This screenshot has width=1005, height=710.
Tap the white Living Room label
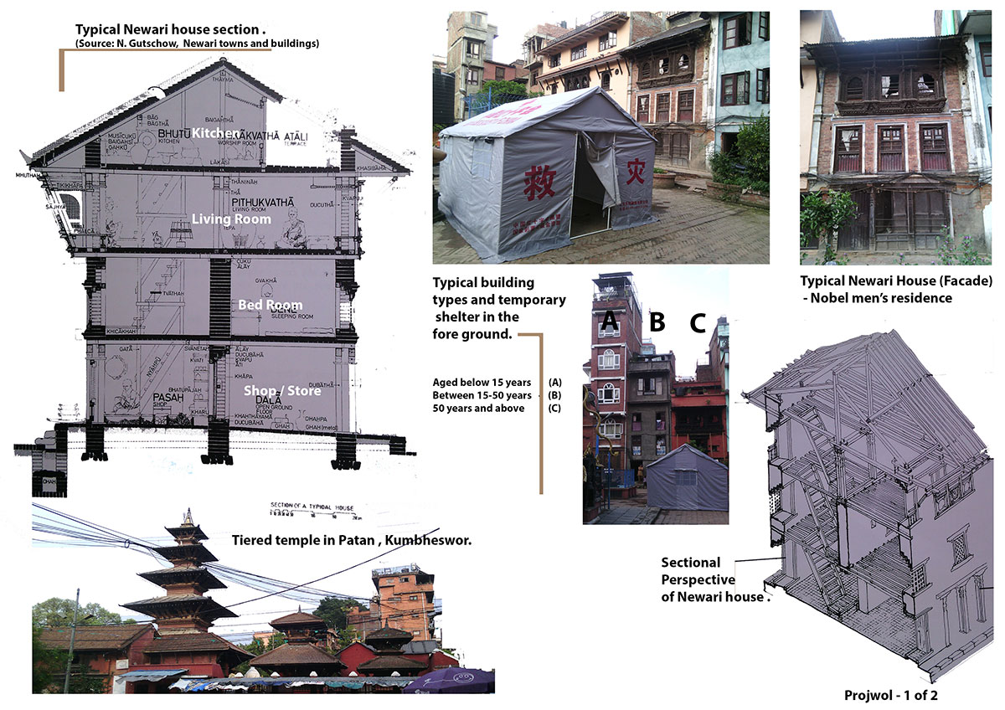point(231,219)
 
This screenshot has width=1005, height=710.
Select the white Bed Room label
point(271,305)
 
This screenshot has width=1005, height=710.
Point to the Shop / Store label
point(282,391)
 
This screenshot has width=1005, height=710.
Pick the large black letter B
point(657,321)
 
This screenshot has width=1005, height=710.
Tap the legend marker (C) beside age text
point(554,408)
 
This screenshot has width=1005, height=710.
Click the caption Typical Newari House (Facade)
point(895,282)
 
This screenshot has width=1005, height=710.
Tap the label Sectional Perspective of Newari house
point(699,579)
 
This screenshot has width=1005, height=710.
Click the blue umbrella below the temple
point(449,679)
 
